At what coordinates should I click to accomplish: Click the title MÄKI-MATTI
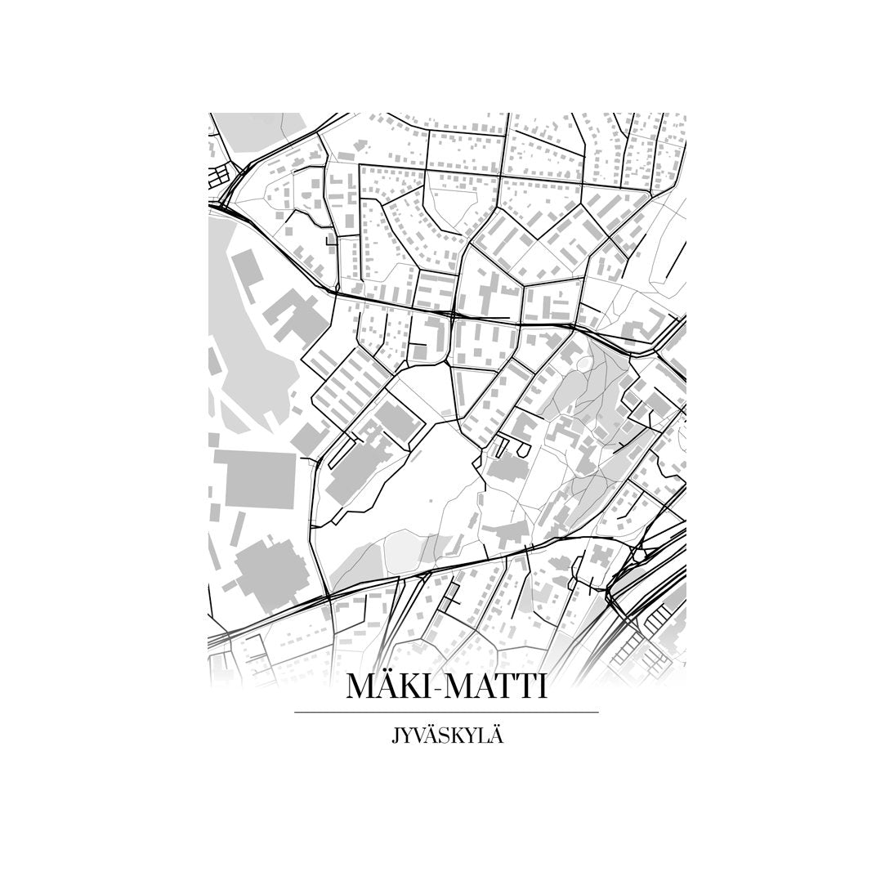coord(446,686)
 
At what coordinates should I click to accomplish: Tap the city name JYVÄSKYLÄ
coord(446,735)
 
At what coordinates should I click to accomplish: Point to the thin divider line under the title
coord(446,713)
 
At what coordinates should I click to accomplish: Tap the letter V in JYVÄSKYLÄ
coord(418,735)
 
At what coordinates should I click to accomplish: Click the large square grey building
coord(255,477)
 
